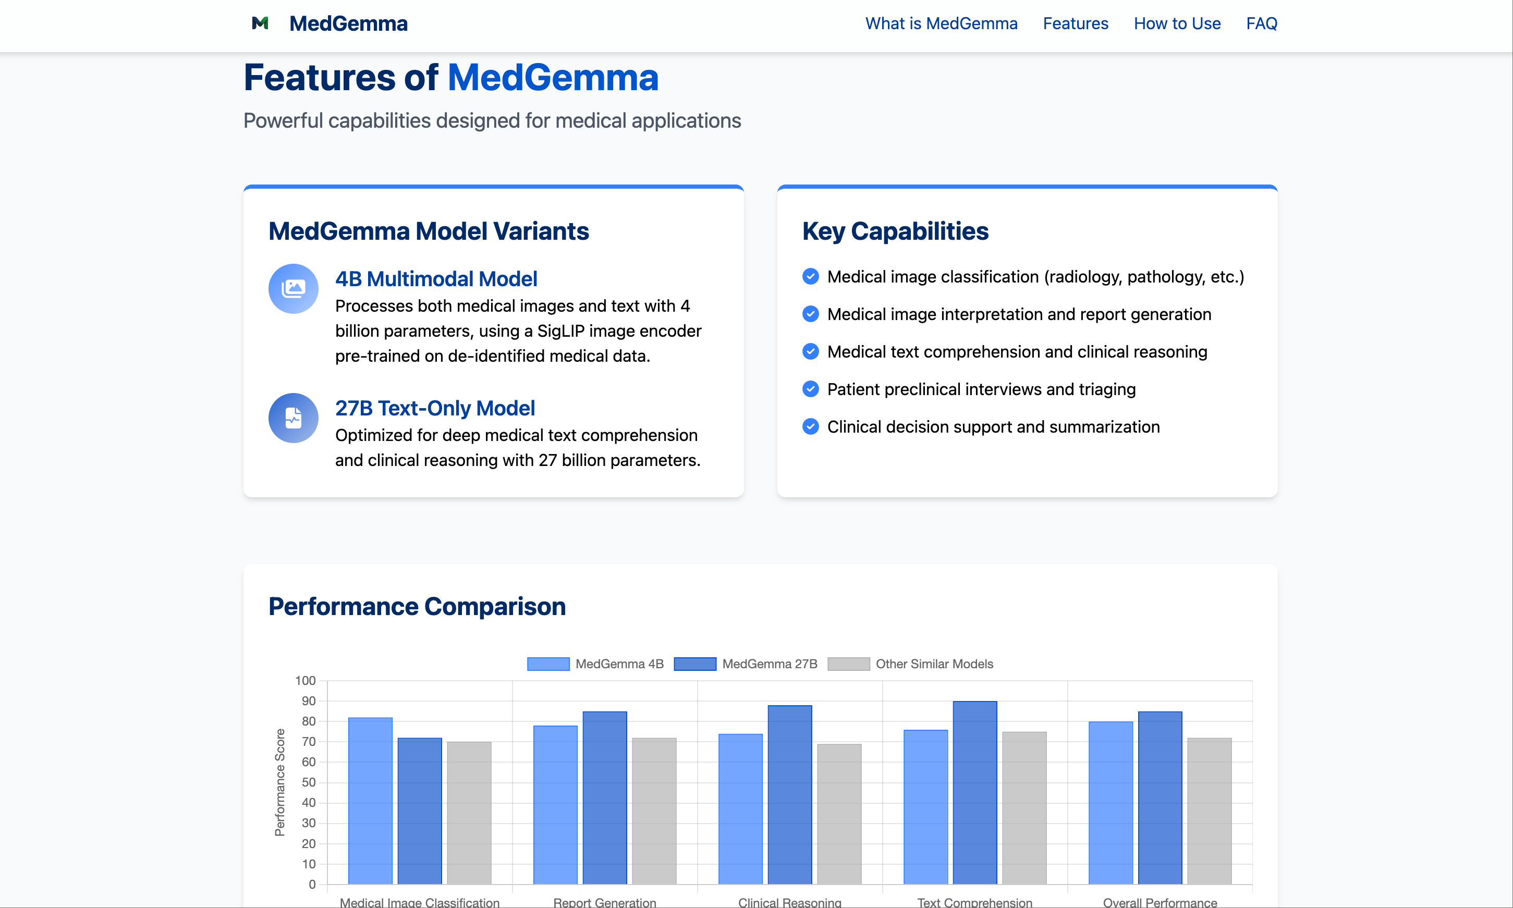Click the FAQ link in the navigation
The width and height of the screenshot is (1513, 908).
[1261, 23]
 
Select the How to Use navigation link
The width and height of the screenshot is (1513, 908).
[1177, 23]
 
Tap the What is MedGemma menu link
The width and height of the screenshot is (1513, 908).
[941, 23]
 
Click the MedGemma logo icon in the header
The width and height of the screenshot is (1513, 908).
[260, 23]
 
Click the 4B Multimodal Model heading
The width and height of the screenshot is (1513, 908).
[436, 279]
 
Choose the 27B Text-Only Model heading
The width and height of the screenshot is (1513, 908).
[434, 408]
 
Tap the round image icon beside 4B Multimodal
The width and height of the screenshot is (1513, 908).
[293, 289]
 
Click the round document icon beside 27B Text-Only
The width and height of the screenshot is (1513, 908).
[293, 418]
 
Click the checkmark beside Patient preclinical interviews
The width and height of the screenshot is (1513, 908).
[810, 389]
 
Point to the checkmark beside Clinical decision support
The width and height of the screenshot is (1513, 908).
[810, 426]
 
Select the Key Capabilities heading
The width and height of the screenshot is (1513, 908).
[895, 231]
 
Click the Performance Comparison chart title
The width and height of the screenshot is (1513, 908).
[417, 606]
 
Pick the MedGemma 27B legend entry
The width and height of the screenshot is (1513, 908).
[745, 664]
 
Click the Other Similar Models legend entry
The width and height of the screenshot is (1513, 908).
[910, 664]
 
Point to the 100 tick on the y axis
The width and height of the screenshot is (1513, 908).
[306, 680]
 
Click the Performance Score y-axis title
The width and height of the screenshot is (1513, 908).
[279, 782]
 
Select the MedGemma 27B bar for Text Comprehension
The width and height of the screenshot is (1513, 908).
[974, 792]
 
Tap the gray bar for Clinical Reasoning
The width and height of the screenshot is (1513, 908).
[839, 814]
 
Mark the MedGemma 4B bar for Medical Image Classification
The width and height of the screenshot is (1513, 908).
[370, 800]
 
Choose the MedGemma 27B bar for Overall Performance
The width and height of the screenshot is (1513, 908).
[1160, 797]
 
